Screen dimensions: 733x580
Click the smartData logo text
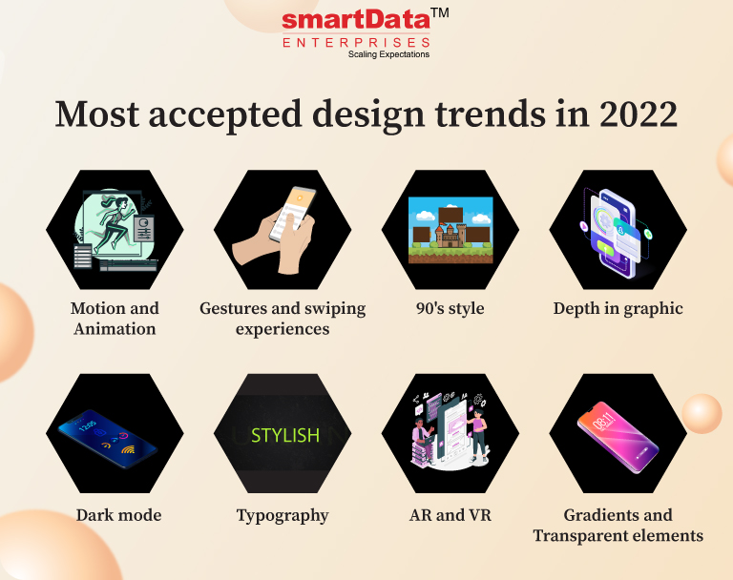click(356, 20)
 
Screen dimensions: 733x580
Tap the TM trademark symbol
click(440, 12)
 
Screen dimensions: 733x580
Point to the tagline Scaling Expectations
click(388, 54)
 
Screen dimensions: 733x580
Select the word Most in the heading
click(97, 114)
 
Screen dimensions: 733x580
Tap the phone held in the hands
click(293, 214)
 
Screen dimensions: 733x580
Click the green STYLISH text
click(285, 436)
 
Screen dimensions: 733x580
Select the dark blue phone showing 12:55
click(108, 439)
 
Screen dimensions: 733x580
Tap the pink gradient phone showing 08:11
click(618, 437)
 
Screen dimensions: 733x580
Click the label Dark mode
click(118, 515)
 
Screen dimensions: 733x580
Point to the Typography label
click(283, 516)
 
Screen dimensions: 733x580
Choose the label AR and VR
click(450, 515)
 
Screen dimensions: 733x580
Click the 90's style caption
click(450, 308)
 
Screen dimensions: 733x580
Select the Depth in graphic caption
click(618, 309)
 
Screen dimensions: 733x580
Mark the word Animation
click(115, 329)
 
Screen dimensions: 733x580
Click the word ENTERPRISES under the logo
click(356, 43)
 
